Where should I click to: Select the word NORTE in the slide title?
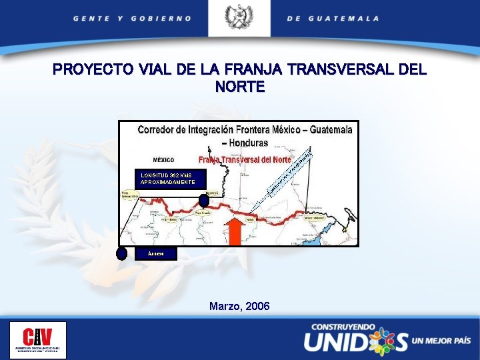click(x=240, y=87)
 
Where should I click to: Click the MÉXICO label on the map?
click(x=163, y=160)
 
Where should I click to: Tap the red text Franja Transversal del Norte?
click(x=245, y=160)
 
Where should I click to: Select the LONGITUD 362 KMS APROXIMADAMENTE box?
click(x=168, y=179)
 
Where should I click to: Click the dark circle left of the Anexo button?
click(x=121, y=253)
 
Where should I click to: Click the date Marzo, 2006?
click(x=239, y=306)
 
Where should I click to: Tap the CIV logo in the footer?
click(x=38, y=340)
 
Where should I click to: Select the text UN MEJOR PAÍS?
click(x=441, y=341)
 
